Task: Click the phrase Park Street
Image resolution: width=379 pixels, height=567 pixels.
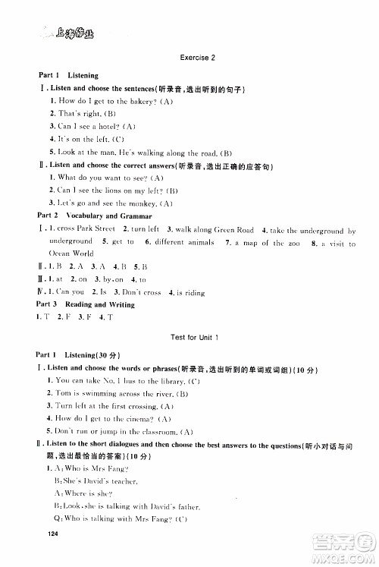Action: coord(96,229)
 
